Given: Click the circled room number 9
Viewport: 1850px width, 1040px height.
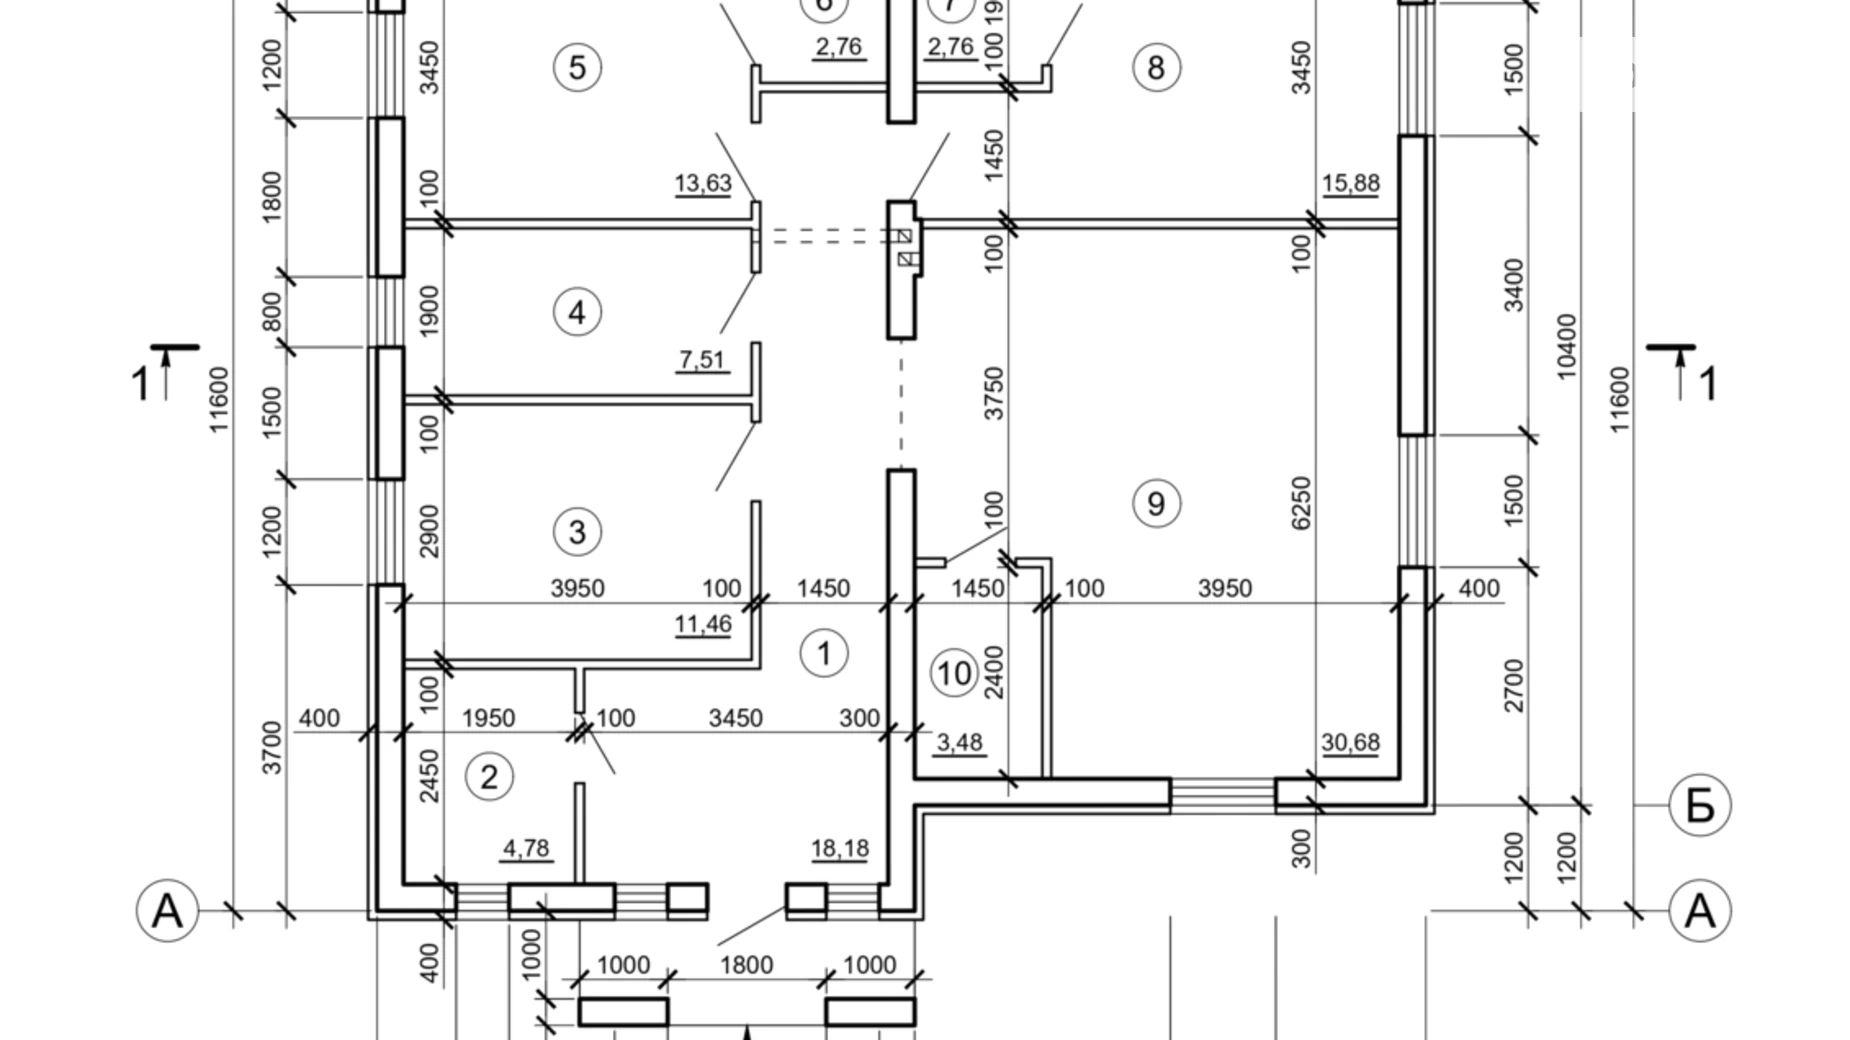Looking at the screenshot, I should [1155, 503].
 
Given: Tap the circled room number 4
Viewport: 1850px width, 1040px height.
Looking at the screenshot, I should [577, 312].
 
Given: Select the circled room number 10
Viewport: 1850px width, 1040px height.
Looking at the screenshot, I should [954, 673].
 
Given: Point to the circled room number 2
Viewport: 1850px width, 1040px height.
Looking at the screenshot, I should [489, 777].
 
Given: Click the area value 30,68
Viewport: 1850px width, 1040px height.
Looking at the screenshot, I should [1350, 742].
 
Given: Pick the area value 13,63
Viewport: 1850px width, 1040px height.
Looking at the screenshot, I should [703, 183].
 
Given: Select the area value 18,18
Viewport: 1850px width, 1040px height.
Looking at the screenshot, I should [839, 848].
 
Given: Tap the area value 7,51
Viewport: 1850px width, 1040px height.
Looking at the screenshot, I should [702, 359].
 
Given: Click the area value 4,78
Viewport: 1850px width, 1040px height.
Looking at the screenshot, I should [526, 848].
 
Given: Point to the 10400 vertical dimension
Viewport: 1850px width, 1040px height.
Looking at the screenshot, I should [1566, 346].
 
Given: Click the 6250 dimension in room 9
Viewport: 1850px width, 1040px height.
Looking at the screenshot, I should [1300, 502].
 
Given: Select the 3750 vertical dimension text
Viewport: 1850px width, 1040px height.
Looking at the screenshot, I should [994, 392].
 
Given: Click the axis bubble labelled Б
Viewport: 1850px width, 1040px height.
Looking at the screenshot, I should [1700, 805].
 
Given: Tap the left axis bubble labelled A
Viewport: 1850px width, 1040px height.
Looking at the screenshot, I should [167, 911].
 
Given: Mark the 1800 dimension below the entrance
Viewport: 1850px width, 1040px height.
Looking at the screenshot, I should [746, 965].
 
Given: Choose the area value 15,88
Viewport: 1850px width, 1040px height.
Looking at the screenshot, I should [1350, 183].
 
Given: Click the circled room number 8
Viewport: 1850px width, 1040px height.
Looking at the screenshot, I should [1156, 68].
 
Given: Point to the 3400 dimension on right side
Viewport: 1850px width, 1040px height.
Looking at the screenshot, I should [1514, 285].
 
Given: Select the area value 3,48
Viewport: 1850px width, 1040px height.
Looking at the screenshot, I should [959, 742].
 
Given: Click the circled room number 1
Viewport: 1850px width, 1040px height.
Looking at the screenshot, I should [824, 653].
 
